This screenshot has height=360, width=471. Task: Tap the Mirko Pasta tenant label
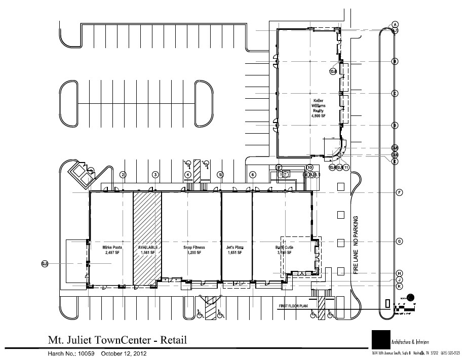[110, 250]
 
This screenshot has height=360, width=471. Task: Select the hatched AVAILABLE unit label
[148, 250]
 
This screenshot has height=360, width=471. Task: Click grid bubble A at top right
[395, 24]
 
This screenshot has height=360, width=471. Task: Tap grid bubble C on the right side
[395, 93]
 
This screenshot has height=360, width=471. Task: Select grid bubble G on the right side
[399, 242]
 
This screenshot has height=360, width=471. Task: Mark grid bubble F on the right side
[399, 192]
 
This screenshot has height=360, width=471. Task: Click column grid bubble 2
[123, 175]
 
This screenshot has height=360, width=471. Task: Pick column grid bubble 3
[155, 175]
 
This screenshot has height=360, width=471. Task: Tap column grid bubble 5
[220, 175]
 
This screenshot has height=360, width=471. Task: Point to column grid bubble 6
[252, 175]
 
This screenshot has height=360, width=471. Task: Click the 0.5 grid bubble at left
[45, 263]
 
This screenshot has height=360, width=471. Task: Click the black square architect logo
[380, 339]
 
